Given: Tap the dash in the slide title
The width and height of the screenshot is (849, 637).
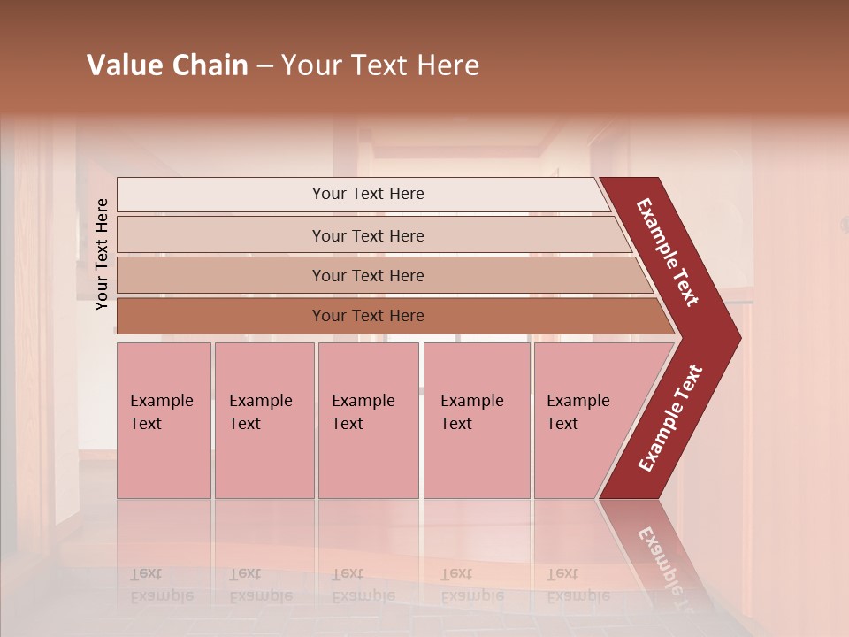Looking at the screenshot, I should (264, 66).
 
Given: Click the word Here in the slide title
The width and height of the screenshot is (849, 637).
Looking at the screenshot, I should (447, 65).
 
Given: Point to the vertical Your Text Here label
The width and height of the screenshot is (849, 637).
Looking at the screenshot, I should (102, 254).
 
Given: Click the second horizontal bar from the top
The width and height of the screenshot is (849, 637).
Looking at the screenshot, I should (367, 235).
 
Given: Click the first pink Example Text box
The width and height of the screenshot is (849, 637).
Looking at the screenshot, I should (164, 420).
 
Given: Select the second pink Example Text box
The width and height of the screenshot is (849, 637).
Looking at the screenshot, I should (264, 420).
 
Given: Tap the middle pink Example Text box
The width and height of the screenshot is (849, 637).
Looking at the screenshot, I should (368, 420).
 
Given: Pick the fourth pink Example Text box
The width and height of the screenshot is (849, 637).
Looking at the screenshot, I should (476, 420).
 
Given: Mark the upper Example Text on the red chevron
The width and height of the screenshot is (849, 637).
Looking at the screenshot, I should (668, 252).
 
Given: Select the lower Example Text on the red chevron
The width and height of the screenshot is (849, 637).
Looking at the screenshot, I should (670, 418).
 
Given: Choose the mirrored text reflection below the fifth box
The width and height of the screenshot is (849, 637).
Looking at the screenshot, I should (577, 585).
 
